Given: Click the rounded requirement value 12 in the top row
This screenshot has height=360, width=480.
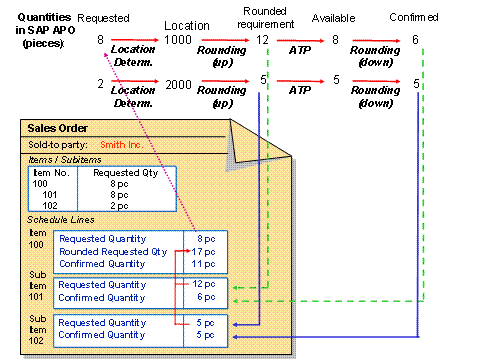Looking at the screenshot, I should point(262,40).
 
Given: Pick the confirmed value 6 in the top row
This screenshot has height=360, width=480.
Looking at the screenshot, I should point(416,40).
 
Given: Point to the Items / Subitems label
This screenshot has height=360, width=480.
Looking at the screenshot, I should point(61,159).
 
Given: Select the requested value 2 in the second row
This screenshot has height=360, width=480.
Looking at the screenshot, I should point(101,86).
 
